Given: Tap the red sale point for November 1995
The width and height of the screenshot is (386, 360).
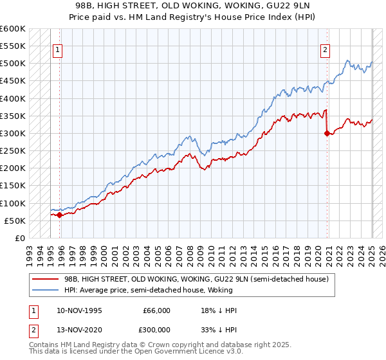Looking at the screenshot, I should (x=59, y=215).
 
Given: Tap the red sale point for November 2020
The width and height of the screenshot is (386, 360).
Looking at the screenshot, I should (x=327, y=134).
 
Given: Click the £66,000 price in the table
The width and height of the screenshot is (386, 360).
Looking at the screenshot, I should (x=157, y=310).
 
